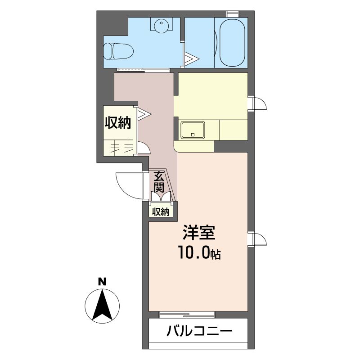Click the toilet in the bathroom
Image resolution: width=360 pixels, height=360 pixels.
(117, 51)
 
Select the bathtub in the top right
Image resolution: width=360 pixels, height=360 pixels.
(230, 43)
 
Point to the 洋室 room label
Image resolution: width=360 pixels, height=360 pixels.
(199, 233)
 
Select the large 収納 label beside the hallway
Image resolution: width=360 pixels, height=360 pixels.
(118, 123)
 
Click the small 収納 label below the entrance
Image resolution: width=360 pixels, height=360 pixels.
(161, 211)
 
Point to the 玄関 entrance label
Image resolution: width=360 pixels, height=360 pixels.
(159, 181)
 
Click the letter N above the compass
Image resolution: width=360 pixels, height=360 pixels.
(102, 282)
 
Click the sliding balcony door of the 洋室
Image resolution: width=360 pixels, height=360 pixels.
(187, 314)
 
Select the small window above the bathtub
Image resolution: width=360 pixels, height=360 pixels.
(232, 13)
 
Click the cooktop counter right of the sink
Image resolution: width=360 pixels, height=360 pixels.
(233, 130)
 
